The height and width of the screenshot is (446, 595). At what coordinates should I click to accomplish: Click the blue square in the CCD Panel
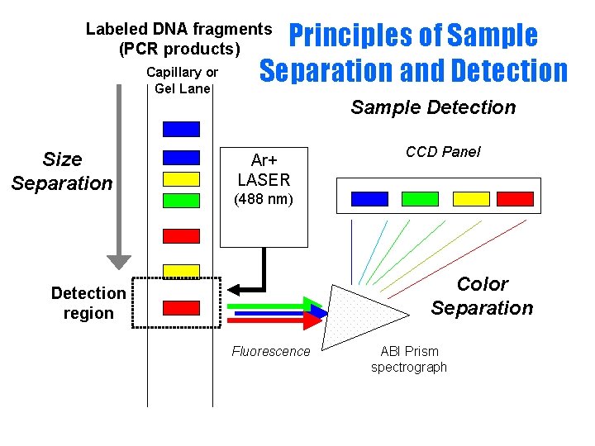coord(369,198)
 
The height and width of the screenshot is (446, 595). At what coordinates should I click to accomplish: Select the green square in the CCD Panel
coord(420,198)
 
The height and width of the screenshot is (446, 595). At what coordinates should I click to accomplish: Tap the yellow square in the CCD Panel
coord(471,198)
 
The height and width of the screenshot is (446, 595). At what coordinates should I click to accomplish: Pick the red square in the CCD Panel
coord(515,198)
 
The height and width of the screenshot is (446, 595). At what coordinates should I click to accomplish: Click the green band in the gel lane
coord(181,199)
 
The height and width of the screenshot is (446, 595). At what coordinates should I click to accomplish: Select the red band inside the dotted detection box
coord(181,308)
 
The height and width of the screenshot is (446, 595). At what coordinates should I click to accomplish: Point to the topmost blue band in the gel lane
coord(181,129)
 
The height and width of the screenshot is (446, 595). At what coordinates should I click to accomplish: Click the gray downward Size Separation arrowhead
coord(120,260)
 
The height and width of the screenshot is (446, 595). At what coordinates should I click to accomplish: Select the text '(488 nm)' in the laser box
coord(264,199)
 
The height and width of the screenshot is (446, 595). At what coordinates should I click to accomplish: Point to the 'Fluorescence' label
coord(270,352)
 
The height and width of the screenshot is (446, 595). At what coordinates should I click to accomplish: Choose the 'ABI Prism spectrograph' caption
coord(408,359)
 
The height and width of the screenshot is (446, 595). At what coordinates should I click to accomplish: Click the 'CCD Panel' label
coord(442,152)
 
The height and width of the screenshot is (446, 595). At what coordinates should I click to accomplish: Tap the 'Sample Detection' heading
coord(432,107)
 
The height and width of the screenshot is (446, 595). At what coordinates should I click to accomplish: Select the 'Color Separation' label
coord(482,296)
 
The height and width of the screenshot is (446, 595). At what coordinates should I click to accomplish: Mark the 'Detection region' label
coord(88,303)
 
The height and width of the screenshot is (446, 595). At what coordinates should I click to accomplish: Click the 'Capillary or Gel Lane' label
coord(182,80)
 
